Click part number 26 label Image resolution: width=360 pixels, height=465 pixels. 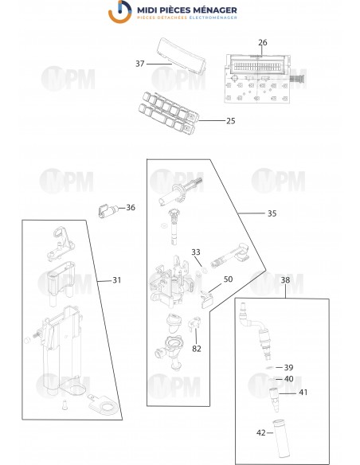pyautogui.click(x=263, y=42)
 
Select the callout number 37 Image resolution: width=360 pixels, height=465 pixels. pyautogui.click(x=139, y=64)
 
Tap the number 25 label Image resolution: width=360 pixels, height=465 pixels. pyautogui.click(x=231, y=121)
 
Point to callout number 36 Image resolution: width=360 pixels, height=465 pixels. pyautogui.click(x=131, y=208)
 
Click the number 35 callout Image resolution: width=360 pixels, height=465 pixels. pyautogui.click(x=272, y=213)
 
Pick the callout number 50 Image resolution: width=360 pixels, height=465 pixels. pyautogui.click(x=228, y=279)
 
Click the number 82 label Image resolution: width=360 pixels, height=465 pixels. pyautogui.click(x=196, y=348)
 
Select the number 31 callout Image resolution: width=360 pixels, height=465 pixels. pyautogui.click(x=117, y=279)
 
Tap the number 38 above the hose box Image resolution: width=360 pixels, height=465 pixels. pyautogui.click(x=285, y=279)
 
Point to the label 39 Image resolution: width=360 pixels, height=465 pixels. pyautogui.click(x=289, y=367)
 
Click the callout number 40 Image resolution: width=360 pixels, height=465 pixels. pyautogui.click(x=289, y=379)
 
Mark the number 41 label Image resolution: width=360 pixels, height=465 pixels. pyautogui.click(x=303, y=393)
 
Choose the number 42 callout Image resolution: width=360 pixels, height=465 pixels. pyautogui.click(x=260, y=432)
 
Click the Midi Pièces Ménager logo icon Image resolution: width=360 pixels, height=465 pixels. pyautogui.click(x=120, y=14)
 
